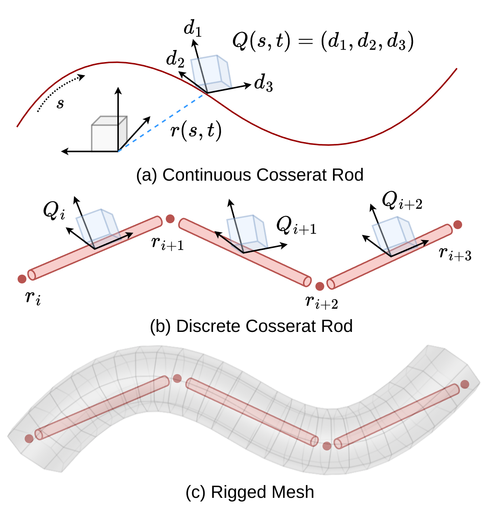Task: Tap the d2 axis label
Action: [x=175, y=59]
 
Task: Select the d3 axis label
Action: [x=264, y=83]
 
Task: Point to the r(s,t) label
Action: [x=196, y=130]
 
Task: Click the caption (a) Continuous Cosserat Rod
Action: [x=249, y=175]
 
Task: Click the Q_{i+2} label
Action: [x=402, y=201]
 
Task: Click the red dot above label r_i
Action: [x=22, y=279]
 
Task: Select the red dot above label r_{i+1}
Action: [x=170, y=219]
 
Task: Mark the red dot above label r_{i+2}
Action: [x=320, y=286]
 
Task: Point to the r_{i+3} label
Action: [x=455, y=253]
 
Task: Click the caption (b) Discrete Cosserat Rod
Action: [x=251, y=326]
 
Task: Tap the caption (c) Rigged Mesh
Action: [x=250, y=492]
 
